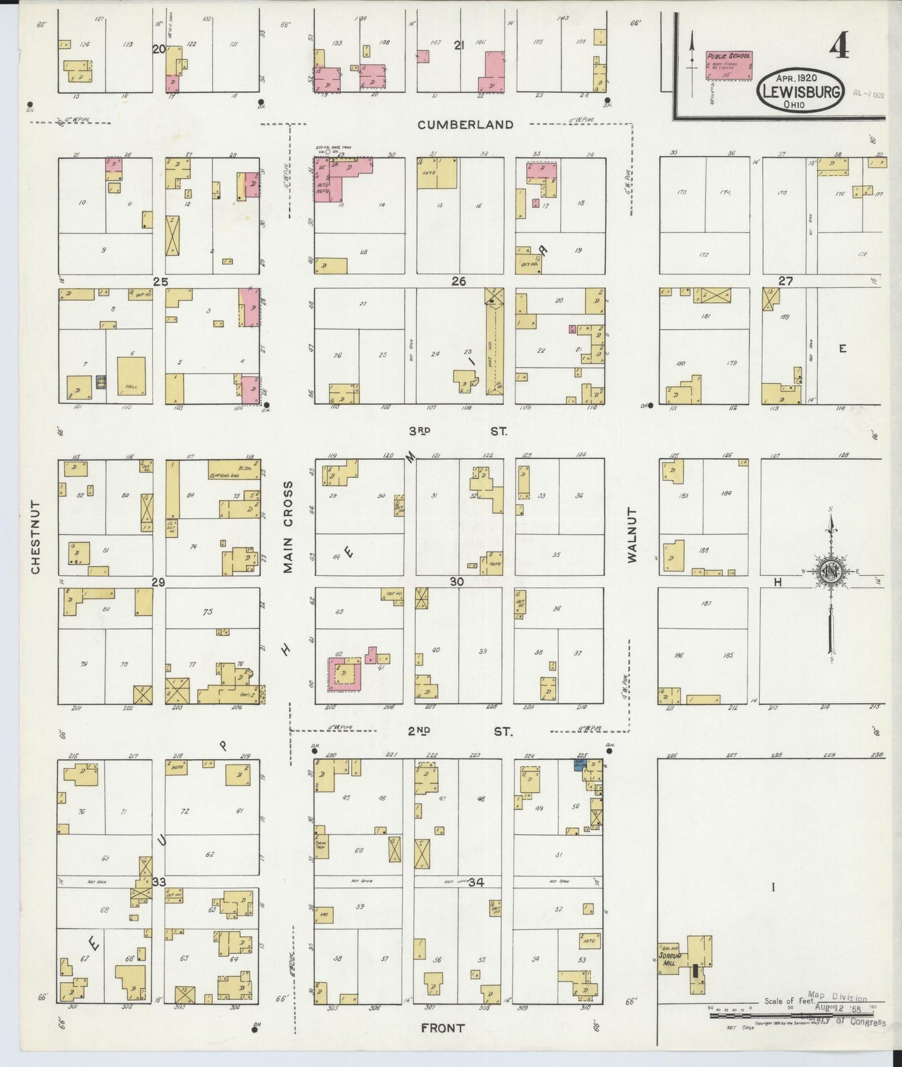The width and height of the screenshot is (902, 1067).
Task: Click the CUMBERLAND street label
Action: pyautogui.click(x=466, y=125)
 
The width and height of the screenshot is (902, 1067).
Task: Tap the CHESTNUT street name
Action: pyautogui.click(x=36, y=537)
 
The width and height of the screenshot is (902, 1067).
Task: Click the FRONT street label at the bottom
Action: pyautogui.click(x=443, y=1028)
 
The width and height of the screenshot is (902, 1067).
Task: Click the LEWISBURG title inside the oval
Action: pyautogui.click(x=801, y=91)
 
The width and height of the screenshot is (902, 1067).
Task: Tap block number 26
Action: pyautogui.click(x=459, y=281)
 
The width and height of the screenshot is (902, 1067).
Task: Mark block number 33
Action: pyautogui.click(x=159, y=882)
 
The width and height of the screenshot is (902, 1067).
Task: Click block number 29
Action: pyautogui.click(x=158, y=582)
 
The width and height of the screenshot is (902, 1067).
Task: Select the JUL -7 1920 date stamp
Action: pyautogui.click(x=868, y=95)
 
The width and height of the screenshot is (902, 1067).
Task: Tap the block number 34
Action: pyautogui.click(x=477, y=882)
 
